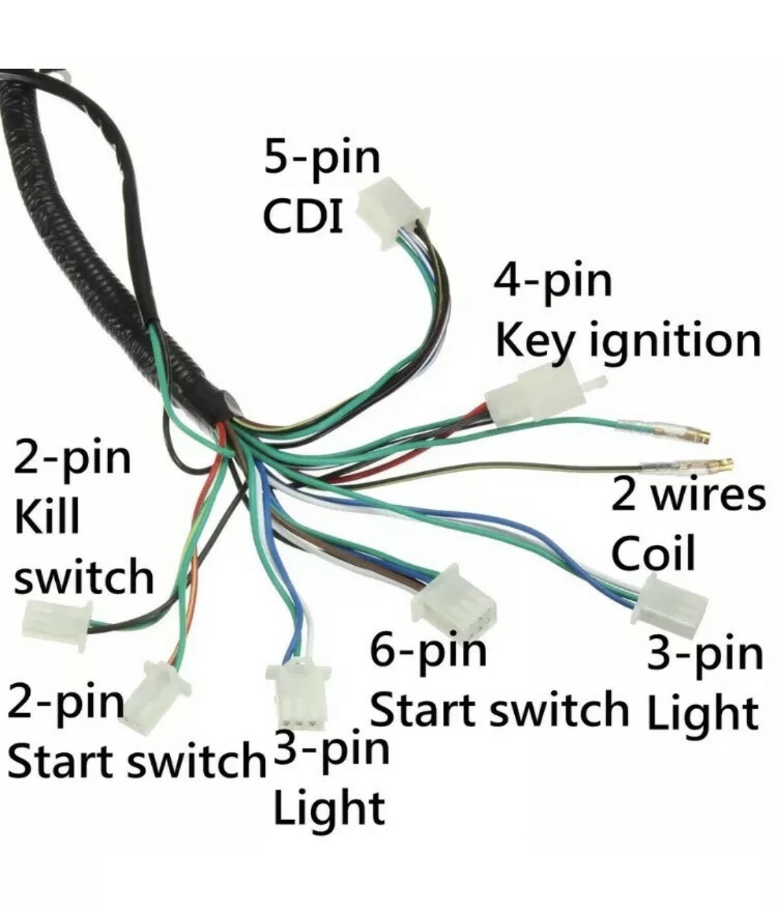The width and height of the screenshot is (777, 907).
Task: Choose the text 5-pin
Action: pos(321,159)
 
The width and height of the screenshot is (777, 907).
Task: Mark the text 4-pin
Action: pos(553,282)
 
